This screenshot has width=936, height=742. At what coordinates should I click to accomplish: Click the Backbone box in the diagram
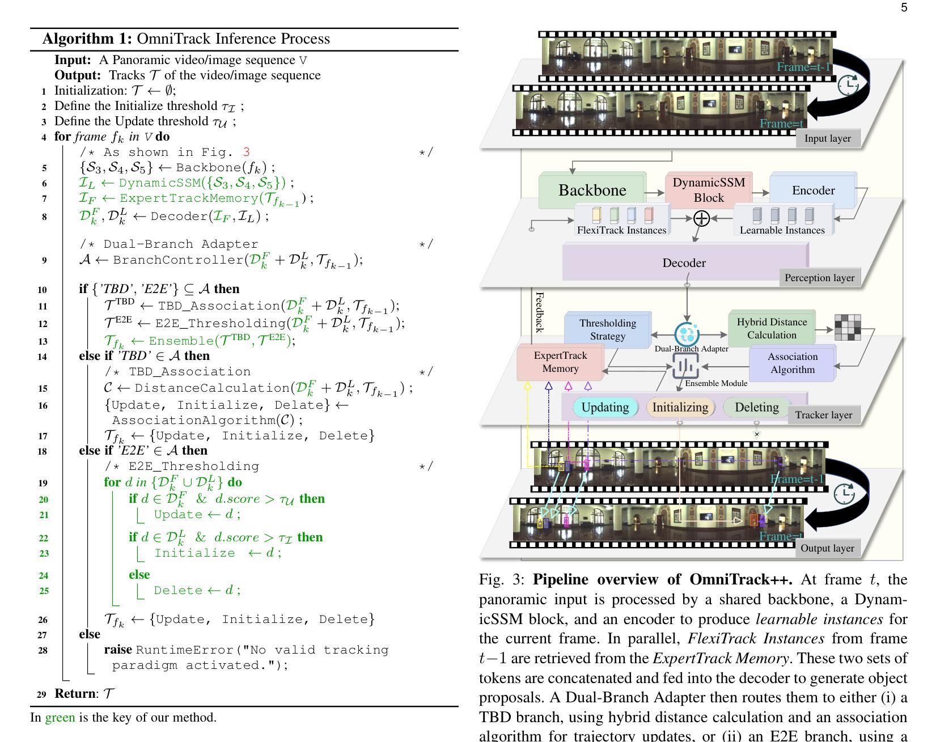(x=592, y=190)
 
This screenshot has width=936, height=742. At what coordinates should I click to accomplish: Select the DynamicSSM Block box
(x=709, y=190)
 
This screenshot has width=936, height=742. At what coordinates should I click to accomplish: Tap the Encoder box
(x=813, y=190)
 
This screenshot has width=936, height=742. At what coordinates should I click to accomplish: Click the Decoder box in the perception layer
(x=684, y=262)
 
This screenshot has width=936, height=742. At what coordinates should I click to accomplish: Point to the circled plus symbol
(x=701, y=218)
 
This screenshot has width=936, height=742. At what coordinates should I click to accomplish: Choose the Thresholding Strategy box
(x=608, y=329)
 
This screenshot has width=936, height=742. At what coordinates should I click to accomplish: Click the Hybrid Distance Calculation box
(x=772, y=328)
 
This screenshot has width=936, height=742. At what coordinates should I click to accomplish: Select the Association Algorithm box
(x=793, y=363)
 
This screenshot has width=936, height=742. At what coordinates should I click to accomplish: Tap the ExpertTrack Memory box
(x=560, y=362)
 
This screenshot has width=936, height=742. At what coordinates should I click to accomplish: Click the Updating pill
(x=605, y=407)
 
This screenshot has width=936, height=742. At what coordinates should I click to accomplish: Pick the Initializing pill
(x=680, y=407)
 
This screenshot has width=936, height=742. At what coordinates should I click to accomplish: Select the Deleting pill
(x=756, y=407)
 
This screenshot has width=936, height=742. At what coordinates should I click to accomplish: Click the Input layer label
(x=827, y=138)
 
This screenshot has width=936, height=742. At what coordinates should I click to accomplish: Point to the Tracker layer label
(x=823, y=415)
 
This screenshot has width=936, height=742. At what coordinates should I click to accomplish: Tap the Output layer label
(x=827, y=548)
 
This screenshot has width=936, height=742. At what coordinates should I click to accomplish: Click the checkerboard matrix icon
(x=848, y=328)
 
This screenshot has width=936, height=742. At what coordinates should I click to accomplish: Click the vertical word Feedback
(x=540, y=312)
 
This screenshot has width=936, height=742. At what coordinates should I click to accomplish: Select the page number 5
(x=904, y=7)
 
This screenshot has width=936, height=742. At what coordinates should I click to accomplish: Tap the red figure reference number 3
(x=245, y=152)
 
